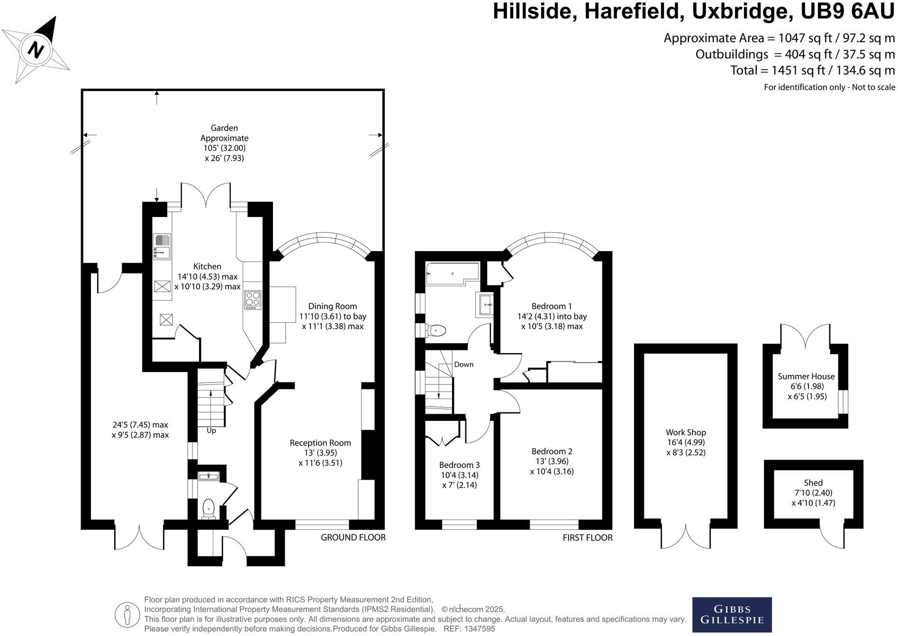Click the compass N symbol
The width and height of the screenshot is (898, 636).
pos(36,49)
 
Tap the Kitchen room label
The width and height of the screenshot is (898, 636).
pos(207,266)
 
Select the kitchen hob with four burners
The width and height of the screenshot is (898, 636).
pos(253,300)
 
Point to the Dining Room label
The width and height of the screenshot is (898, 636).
pos(332,306)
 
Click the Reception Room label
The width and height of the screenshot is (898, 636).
pos(320,443)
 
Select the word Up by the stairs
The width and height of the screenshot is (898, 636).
pos(211,431)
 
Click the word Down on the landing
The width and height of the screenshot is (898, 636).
pos(463,364)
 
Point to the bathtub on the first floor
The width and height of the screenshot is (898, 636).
pos(452,273)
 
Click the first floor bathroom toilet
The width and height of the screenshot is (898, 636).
pos(436,330)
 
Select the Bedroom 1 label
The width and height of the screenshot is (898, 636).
pos(552,306)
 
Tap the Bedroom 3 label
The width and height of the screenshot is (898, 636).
pos(459,465)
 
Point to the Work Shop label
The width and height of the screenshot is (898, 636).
pos(686,432)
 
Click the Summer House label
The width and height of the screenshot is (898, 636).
pos(806,376)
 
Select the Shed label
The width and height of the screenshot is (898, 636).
pos(813,482)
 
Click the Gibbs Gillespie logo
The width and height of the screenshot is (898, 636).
pos(732,615)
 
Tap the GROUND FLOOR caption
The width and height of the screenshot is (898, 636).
pos(353,537)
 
